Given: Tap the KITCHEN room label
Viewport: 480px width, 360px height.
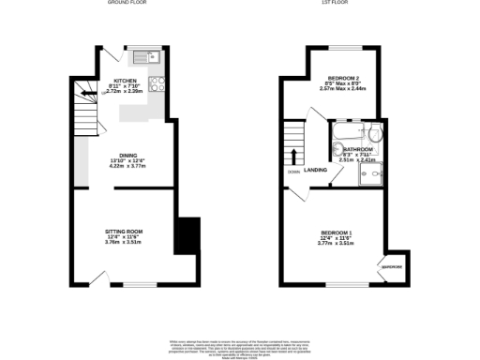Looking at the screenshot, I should pos(125,81).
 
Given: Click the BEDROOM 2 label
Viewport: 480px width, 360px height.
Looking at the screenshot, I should pos(343,79).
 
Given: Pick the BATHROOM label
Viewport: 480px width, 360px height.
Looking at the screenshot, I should pos(357,148).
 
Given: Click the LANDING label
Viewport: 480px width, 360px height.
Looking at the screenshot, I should pos(315,169).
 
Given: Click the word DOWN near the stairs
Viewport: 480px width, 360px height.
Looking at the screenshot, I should pos(293,172).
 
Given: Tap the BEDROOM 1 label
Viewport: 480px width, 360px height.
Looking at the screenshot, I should pos(337,232).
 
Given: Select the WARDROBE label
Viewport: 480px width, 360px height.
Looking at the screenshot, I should pos(391,267).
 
